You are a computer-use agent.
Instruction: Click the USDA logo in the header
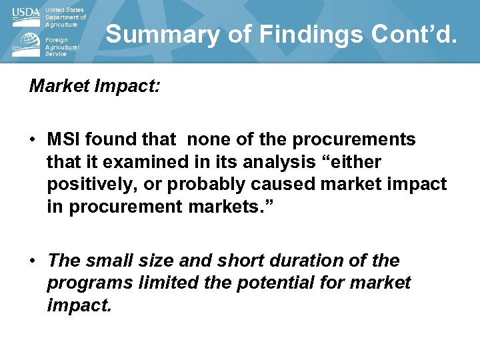pos(26,17)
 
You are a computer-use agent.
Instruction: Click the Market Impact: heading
pos(94,87)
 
